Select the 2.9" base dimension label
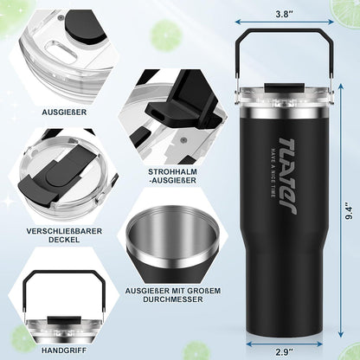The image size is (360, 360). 284,352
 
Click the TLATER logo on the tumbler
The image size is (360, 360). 287,176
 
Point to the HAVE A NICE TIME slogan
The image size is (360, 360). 273,173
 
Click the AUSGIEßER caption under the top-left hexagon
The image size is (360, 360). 64,112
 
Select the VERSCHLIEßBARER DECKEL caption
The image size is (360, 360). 64,235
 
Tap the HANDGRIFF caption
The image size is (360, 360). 64,350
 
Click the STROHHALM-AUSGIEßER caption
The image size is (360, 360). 172,176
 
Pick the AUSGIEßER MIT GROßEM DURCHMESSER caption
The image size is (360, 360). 173,295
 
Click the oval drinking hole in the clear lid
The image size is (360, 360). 61,50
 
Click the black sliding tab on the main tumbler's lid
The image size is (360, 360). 285,87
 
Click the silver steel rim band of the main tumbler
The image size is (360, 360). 285,113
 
